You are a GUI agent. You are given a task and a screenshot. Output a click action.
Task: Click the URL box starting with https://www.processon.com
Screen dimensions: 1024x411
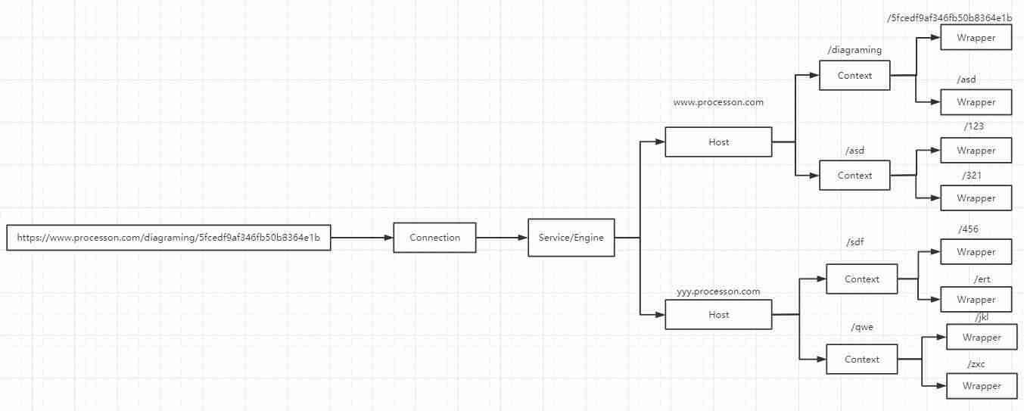(168, 237)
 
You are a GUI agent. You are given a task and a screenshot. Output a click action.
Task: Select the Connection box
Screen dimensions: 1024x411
(434, 237)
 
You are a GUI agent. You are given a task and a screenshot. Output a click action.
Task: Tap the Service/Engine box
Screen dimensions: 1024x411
(571, 237)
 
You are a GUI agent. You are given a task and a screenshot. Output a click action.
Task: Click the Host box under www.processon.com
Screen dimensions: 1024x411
(718, 142)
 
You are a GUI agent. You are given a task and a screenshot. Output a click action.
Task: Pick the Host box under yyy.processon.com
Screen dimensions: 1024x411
(718, 315)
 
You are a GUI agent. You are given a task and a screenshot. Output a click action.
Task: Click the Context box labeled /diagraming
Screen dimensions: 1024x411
(854, 76)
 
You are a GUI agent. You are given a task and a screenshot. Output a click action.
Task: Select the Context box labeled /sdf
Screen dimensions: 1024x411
(862, 279)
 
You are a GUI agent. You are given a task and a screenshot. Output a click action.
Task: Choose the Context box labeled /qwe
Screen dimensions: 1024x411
(862, 360)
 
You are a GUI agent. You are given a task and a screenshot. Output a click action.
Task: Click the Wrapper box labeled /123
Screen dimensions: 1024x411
(976, 151)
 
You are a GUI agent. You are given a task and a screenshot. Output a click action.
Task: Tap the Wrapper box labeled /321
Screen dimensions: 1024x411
(976, 198)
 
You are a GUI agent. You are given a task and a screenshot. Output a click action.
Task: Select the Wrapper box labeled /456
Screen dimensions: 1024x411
(976, 252)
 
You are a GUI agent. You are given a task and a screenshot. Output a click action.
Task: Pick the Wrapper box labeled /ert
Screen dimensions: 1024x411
(976, 300)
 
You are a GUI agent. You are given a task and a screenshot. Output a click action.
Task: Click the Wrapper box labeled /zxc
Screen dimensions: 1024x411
(982, 386)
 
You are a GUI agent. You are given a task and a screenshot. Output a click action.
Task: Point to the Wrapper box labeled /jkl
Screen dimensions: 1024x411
(982, 338)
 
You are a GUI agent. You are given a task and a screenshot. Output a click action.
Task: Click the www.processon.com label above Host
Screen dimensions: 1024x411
(718, 102)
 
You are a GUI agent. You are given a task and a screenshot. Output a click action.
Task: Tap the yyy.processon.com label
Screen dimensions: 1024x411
(718, 291)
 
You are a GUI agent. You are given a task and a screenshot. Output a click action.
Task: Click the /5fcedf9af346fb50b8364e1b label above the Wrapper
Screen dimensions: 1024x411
(950, 18)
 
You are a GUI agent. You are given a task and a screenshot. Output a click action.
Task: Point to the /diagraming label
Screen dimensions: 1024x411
(854, 50)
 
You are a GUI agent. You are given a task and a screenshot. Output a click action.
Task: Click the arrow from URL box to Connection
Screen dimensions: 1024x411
(362, 238)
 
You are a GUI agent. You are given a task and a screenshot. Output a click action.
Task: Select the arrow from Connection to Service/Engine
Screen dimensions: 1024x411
(502, 238)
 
